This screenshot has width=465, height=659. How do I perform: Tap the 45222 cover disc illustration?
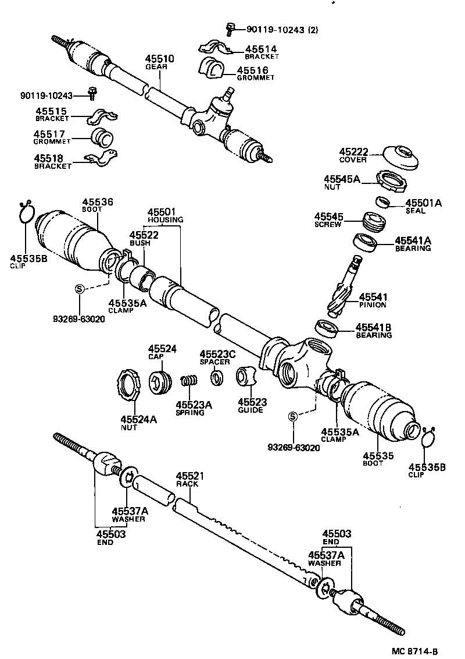(x=401, y=158)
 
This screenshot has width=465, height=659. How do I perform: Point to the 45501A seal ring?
(x=382, y=202)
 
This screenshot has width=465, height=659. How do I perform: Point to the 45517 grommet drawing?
(x=104, y=139)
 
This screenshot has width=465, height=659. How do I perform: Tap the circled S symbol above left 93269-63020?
(x=80, y=288)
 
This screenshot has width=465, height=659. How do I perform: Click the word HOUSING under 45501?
(x=165, y=219)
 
